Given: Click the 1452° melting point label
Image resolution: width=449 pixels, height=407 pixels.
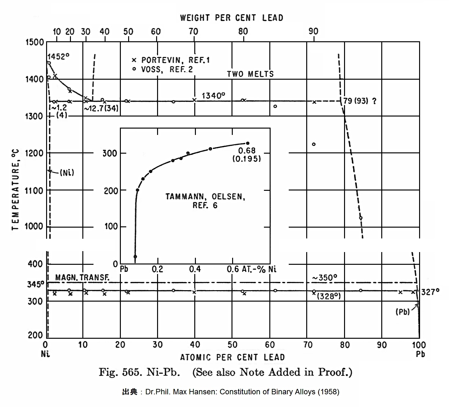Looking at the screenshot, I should [x=58, y=57].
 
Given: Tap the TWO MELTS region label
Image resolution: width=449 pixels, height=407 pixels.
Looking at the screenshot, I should [x=250, y=74].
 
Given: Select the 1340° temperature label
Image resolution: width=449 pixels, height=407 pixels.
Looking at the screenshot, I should [x=213, y=95].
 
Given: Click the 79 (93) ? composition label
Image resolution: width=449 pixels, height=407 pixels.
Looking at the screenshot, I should [x=360, y=101].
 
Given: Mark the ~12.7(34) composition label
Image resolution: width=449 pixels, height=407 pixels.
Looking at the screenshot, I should [x=101, y=108].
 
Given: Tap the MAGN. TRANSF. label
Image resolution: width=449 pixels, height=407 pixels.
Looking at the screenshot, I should [x=82, y=277].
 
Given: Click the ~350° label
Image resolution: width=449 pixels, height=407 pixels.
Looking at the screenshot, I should [x=324, y=277].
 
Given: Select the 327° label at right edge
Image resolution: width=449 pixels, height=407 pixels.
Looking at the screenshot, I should [x=430, y=291].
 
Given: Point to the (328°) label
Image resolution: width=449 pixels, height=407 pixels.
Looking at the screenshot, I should [x=329, y=296].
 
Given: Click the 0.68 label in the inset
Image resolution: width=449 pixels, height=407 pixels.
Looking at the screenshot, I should [x=247, y=150].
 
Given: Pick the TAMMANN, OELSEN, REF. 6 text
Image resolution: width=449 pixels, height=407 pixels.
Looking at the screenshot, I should [x=205, y=201].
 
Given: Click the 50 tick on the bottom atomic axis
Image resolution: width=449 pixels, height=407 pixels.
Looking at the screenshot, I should [x=232, y=344].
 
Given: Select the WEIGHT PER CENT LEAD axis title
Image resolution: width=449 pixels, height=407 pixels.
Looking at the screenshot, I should [x=231, y=18].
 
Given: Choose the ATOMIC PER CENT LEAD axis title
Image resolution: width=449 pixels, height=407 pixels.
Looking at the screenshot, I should [x=232, y=357].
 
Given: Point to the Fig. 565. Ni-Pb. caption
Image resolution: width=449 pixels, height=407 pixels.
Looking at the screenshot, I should [x=139, y=372].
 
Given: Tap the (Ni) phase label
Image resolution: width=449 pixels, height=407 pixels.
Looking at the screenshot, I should [x=67, y=172].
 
